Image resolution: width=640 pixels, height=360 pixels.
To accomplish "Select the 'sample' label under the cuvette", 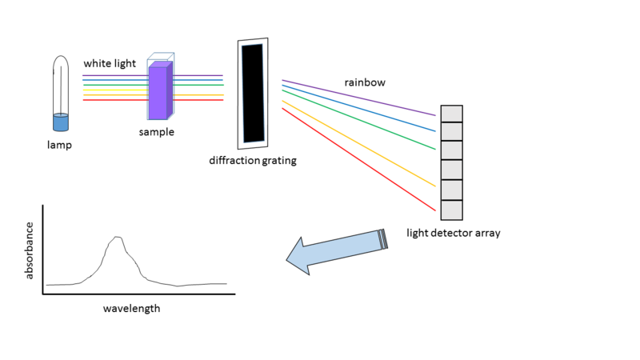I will (156, 132).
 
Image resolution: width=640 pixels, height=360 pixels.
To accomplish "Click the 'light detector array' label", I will (453, 233).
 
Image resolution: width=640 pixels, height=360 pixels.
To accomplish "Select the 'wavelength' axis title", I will (131, 308).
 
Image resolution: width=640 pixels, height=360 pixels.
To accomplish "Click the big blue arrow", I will (336, 250).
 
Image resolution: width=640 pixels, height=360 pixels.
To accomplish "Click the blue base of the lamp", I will (60, 122).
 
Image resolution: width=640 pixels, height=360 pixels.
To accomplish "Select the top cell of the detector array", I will (452, 114).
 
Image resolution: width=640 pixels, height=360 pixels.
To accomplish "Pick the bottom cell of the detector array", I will (452, 210).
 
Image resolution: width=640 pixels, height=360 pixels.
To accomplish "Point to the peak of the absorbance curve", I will (118, 237).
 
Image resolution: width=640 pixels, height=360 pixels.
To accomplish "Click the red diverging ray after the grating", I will (360, 159).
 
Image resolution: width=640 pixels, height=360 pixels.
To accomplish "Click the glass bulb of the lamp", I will (60, 84).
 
